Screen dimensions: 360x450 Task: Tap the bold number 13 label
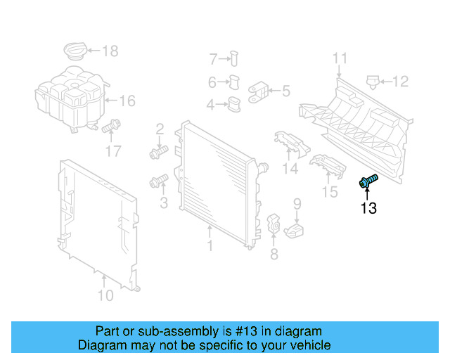[368, 208]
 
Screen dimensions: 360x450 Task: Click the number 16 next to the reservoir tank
[126, 101]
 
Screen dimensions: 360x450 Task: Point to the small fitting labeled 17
[110, 128]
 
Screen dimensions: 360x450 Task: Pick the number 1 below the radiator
[209, 246]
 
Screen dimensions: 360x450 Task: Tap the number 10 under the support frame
[105, 296]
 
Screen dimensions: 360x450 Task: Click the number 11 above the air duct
[340, 58]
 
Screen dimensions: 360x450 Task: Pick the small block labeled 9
[297, 230]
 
